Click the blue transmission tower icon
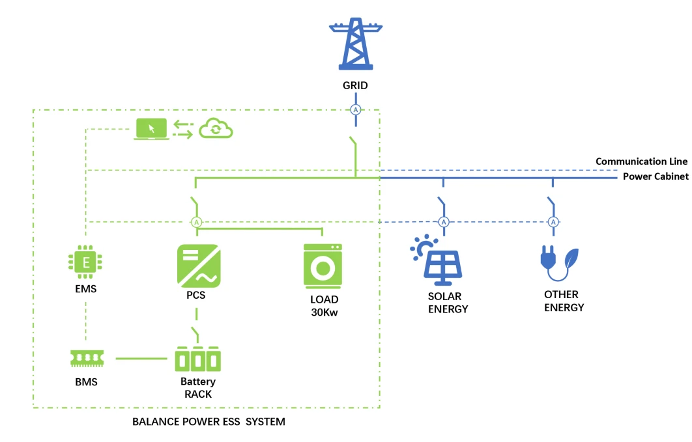pos(355,44)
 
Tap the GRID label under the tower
pos(355,85)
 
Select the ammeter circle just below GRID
pos(356,110)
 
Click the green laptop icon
pos(151,129)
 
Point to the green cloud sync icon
pos(216,129)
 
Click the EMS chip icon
pos(85,262)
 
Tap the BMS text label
pos(86,382)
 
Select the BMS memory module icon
pos(87,358)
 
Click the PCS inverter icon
pos(199,266)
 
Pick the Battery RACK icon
pos(197,359)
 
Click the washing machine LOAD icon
pos(323,266)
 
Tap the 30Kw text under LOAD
pos(324,312)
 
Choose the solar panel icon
pos(437,260)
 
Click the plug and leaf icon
pos(559,263)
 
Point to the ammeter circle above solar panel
pos(444,222)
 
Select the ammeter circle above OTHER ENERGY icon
pos(553,222)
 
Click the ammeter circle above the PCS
pos(196,222)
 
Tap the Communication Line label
pos(641,161)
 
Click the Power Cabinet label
pos(656,176)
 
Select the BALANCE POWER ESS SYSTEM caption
pos(209,422)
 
